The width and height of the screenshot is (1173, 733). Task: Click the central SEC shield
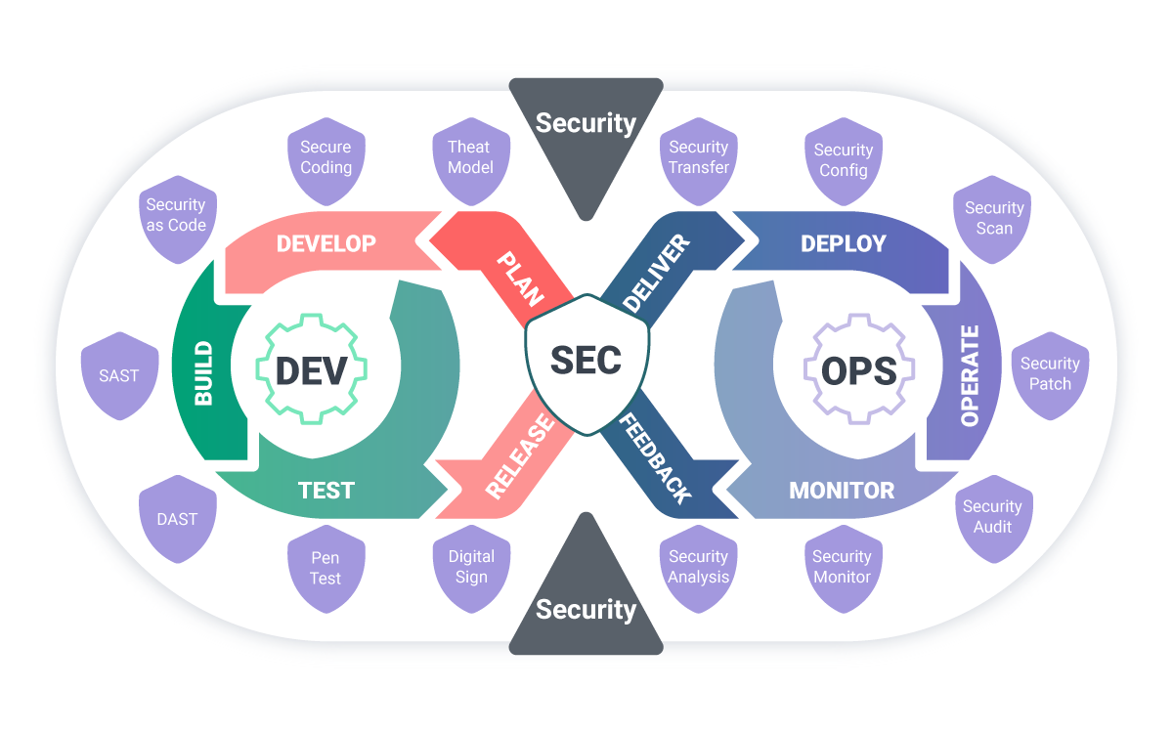(x=586, y=362)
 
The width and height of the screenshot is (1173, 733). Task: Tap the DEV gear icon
(x=311, y=369)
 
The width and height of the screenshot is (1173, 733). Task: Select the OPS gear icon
(x=858, y=369)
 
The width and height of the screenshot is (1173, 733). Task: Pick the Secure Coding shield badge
(x=326, y=157)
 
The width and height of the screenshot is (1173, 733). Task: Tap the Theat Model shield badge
(x=470, y=157)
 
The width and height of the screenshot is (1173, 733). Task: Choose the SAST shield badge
(x=119, y=375)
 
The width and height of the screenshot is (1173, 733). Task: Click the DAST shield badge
(x=177, y=519)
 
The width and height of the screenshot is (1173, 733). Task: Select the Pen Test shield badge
(x=326, y=568)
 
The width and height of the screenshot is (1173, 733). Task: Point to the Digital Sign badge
(x=471, y=566)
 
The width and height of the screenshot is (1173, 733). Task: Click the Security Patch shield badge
(x=1050, y=373)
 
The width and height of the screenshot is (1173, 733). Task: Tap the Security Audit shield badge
(x=992, y=517)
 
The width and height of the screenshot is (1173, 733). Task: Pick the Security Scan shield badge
(x=993, y=218)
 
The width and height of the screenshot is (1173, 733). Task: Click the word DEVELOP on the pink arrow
(x=326, y=243)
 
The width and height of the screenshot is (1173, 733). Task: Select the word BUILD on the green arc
(x=204, y=373)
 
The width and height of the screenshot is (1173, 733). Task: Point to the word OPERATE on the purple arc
(x=969, y=375)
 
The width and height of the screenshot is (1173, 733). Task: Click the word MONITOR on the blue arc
(x=842, y=490)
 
